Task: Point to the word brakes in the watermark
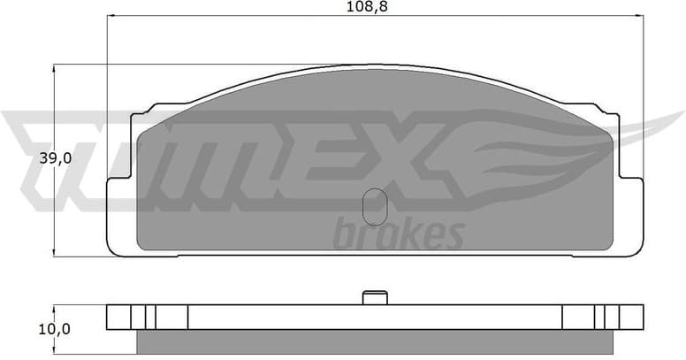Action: [x=399, y=234]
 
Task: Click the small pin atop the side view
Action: [x=374, y=298]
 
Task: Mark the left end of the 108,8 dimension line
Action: [x=107, y=17]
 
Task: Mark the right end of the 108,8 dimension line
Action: [x=641, y=17]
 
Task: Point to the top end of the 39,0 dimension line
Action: [x=55, y=64]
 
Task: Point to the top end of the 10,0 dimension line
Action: [x=55, y=306]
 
